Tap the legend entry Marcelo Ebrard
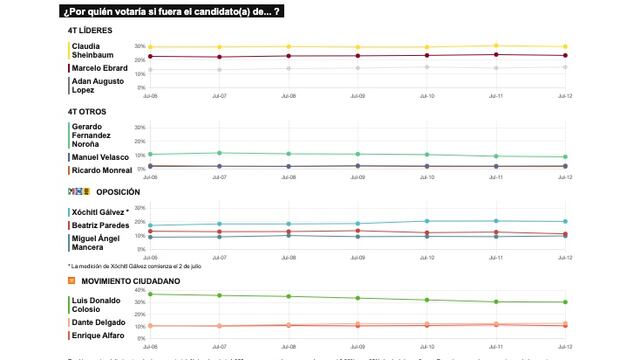coord(101,67)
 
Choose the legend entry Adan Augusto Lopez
coord(95,85)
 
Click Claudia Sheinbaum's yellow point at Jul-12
coord(565,47)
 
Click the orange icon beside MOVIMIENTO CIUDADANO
coord(72,281)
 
